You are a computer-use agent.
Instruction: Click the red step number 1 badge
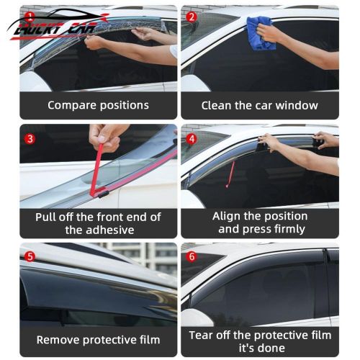coord(30,14)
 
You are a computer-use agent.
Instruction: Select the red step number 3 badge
coord(30,138)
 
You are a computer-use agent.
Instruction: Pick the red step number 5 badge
coord(30,256)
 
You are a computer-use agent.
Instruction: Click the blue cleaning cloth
coord(261,33)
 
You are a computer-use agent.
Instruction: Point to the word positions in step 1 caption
coord(125,106)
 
